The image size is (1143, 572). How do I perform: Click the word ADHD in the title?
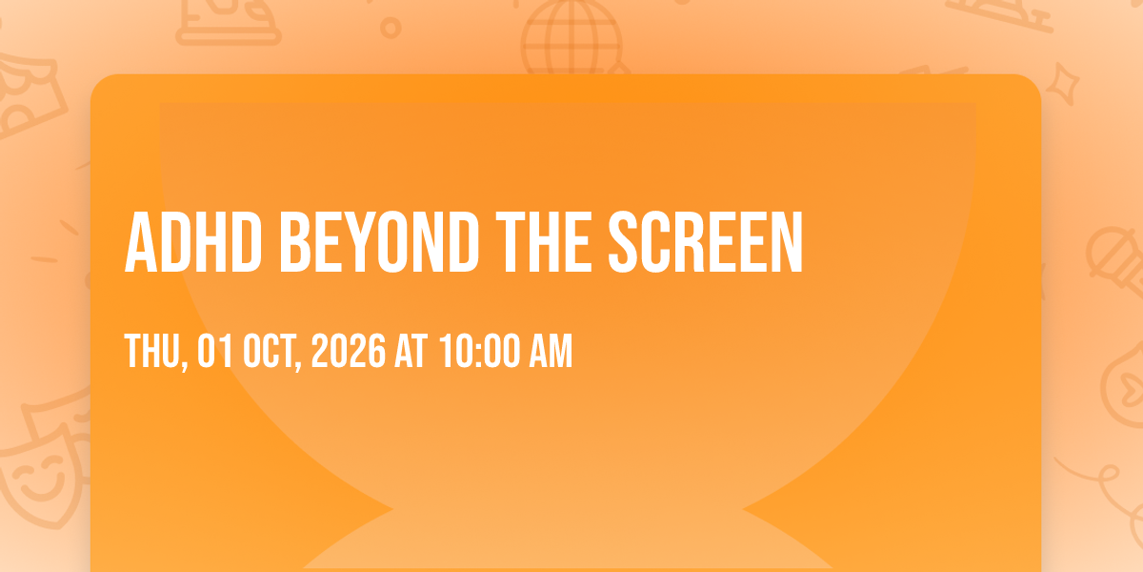(193, 242)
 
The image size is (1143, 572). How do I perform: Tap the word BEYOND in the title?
(379, 242)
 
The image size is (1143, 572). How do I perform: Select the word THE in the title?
(544, 242)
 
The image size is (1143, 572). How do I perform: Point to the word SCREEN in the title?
(706, 242)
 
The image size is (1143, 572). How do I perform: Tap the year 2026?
(349, 351)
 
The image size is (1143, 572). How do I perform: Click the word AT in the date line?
(411, 351)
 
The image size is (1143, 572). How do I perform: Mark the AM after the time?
(551, 351)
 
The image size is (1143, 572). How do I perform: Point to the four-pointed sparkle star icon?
(1063, 83)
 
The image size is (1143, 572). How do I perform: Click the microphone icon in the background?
(1116, 260)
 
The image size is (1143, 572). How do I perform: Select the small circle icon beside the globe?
(391, 28)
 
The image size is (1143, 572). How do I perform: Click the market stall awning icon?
(28, 94)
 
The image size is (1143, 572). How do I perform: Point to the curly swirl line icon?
(1102, 485)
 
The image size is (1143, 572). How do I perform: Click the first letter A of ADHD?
(141, 242)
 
